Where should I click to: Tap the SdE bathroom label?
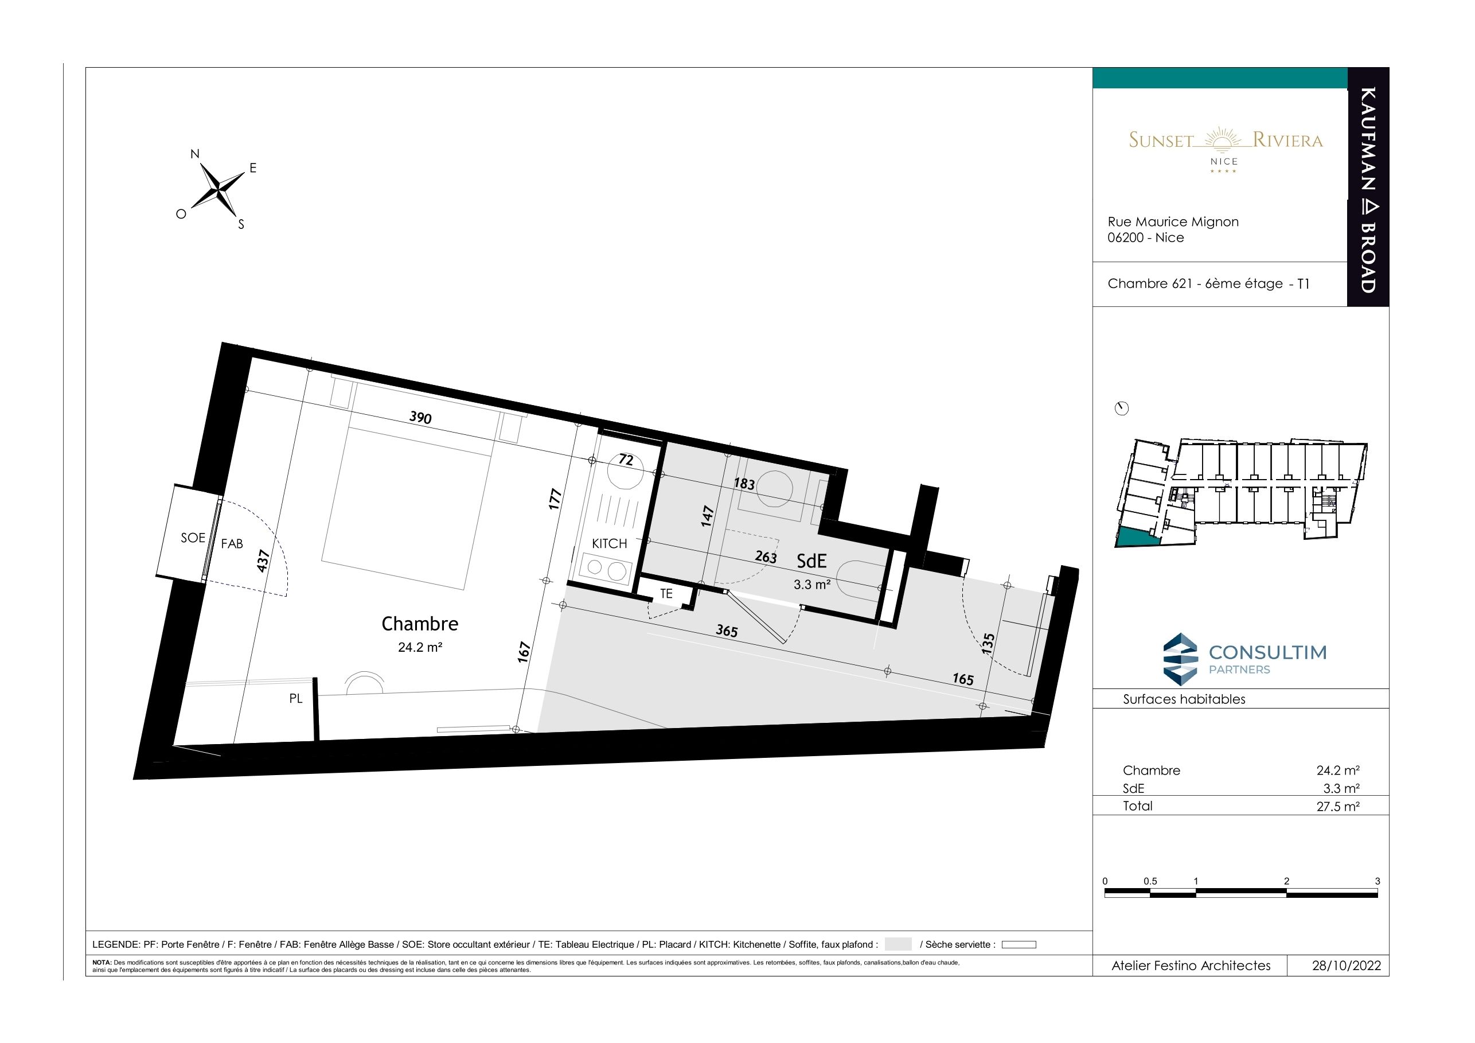(811, 561)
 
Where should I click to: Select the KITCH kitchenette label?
(609, 544)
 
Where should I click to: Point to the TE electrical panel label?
(666, 594)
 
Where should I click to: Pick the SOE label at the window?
(193, 538)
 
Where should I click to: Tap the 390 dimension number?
(420, 418)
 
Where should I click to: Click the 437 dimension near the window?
(262, 561)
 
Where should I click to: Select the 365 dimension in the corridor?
(727, 631)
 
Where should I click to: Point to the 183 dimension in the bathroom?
(744, 483)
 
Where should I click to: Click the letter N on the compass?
(194, 154)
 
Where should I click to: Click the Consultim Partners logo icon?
(1181, 657)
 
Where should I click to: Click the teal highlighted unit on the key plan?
(1138, 536)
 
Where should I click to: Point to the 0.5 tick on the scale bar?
(1150, 881)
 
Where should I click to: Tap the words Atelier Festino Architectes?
(1191, 966)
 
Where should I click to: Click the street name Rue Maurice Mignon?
(1173, 221)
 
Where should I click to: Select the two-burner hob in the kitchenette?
(605, 568)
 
